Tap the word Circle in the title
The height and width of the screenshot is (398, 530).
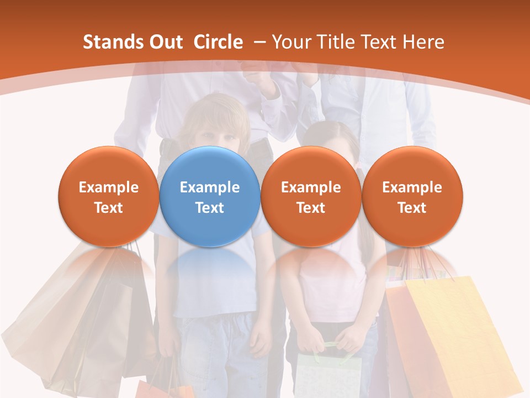point(218,42)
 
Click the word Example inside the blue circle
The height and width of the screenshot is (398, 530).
point(210,187)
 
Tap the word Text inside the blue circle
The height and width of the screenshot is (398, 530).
point(210,208)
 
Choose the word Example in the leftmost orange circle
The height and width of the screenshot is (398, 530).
point(109,187)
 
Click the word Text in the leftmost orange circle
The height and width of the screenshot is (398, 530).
point(109,208)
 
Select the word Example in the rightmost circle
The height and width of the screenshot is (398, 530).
point(412,187)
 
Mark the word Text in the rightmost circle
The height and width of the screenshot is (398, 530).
point(412,208)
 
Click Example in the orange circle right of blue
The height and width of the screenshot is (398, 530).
point(311,187)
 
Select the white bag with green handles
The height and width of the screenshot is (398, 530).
point(328,376)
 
